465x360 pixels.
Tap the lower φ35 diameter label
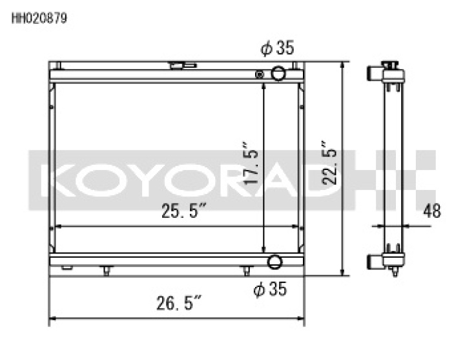(271, 291)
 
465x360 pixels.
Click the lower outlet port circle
(275, 262)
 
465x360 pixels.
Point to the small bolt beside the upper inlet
(260, 74)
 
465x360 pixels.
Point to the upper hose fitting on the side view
(375, 73)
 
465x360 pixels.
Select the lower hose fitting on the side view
(375, 262)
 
